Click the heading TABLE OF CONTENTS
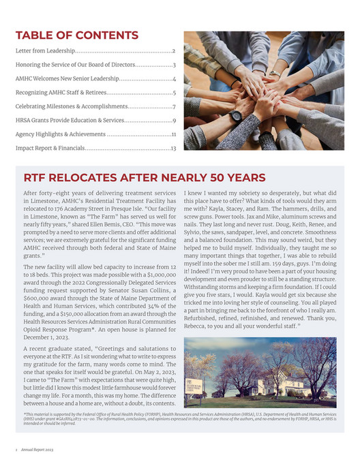(76, 35)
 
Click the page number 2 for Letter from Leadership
(175, 51)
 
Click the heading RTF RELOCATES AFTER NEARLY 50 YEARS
(145, 178)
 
